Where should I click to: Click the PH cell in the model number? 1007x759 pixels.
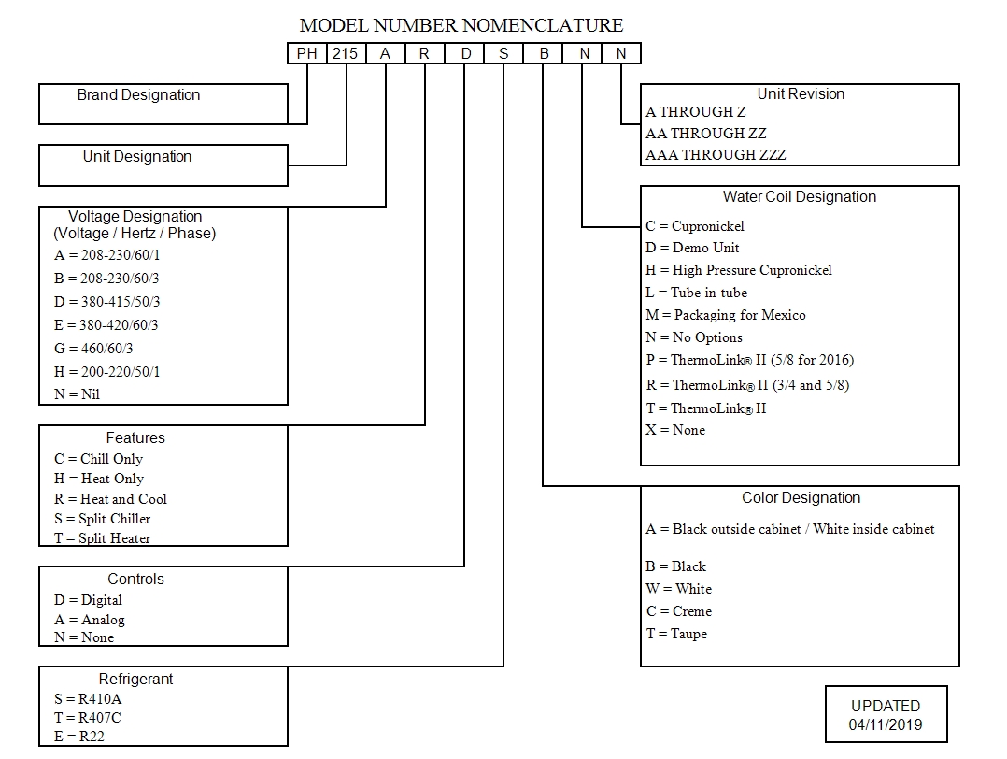click(306, 54)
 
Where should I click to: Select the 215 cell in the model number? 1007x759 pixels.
click(346, 54)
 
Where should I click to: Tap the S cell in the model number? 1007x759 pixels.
click(503, 54)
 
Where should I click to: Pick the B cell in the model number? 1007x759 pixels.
click(544, 54)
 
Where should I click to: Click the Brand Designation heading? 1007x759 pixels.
click(138, 95)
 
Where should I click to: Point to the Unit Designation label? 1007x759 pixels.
click(137, 157)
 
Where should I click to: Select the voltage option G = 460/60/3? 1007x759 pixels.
click(93, 349)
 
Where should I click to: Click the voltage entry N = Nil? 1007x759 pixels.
click(77, 394)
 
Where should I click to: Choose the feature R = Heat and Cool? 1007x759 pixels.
click(110, 499)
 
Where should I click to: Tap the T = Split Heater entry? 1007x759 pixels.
click(102, 538)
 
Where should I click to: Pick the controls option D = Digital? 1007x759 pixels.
click(88, 600)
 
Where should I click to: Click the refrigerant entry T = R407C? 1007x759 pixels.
click(88, 718)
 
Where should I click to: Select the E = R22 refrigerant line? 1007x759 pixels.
click(79, 737)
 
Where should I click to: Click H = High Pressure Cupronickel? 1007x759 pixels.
click(738, 270)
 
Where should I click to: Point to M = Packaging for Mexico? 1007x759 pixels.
click(725, 315)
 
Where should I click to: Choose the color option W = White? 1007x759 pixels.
click(678, 589)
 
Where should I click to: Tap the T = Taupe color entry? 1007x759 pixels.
click(676, 634)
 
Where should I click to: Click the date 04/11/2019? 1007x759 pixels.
click(886, 724)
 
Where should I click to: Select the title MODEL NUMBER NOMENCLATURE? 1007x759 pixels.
click(461, 25)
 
